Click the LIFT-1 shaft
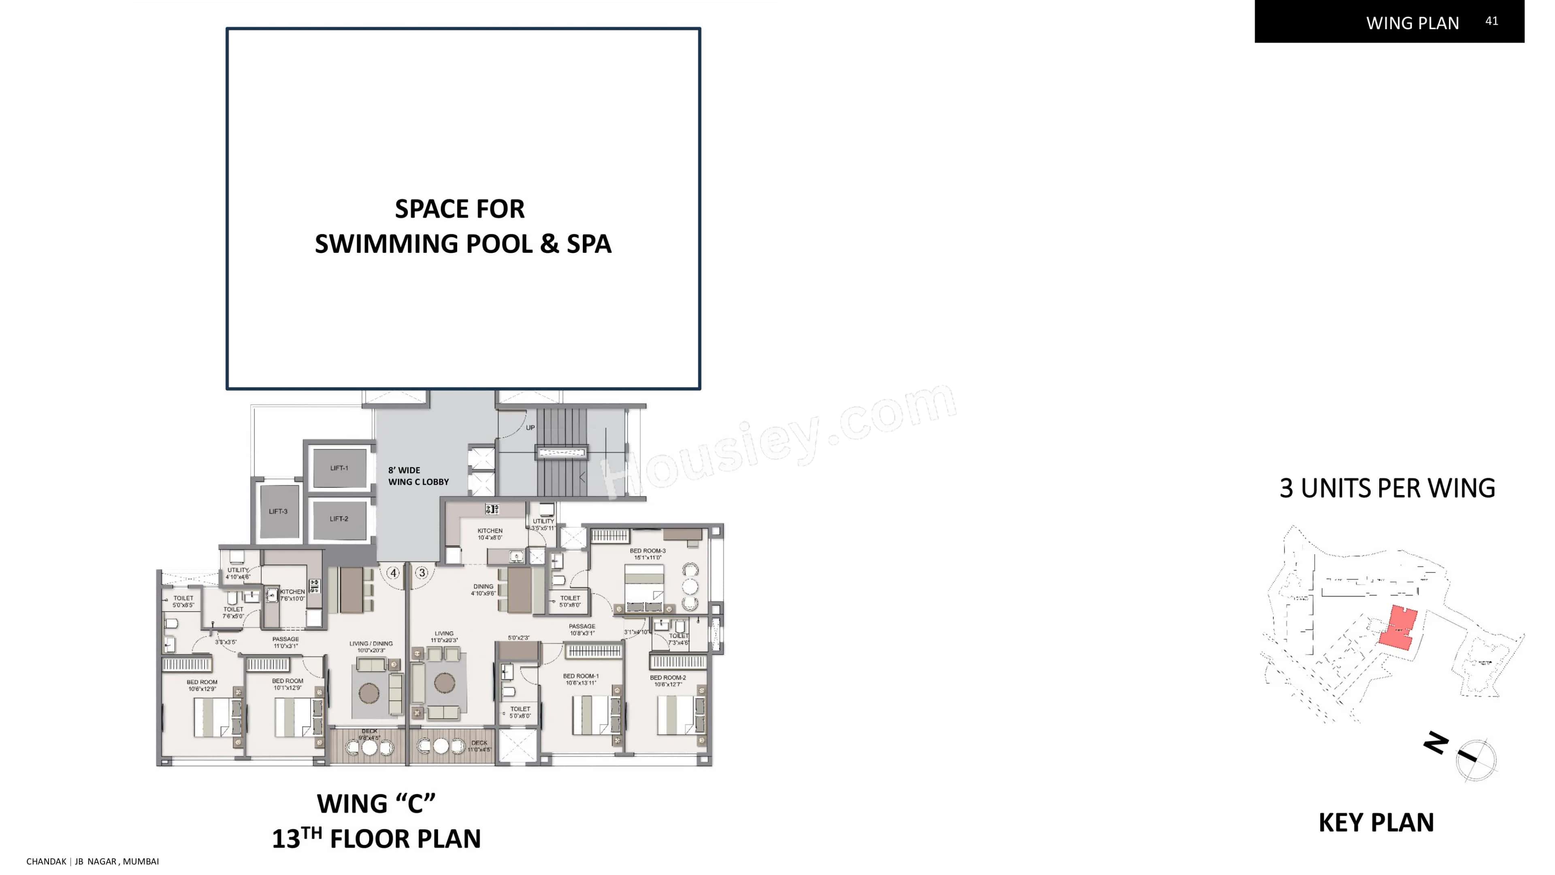coord(339,468)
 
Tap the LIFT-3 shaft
coord(278,512)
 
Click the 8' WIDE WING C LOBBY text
coord(418,476)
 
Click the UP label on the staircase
coord(530,427)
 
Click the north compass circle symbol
coord(1476,760)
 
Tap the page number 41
coord(1491,21)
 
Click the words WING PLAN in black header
coord(1412,23)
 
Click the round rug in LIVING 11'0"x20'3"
coord(444,683)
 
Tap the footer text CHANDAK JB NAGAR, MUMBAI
coord(92,861)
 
